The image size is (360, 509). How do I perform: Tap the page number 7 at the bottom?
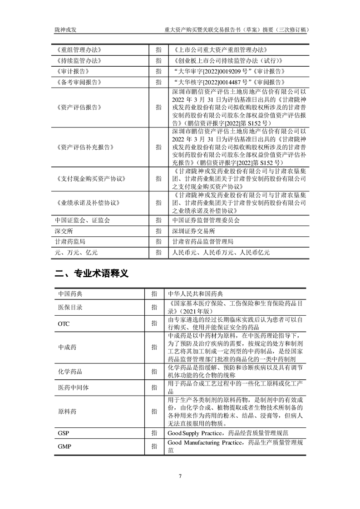pyautogui.click(x=180, y=476)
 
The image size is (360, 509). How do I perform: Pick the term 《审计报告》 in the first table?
pyautogui.click(x=74, y=71)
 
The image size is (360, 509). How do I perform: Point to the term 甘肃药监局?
pyautogui.click(x=70, y=242)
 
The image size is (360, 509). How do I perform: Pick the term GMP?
pyautogui.click(x=64, y=446)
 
